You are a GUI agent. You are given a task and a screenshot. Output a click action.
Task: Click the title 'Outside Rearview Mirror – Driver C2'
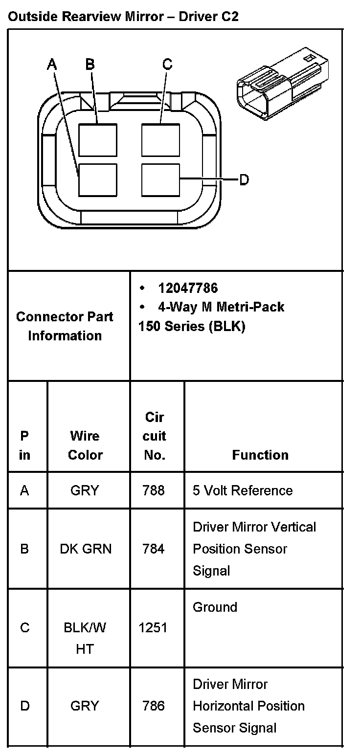click(x=124, y=17)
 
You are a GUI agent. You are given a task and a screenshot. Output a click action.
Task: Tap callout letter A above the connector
click(x=52, y=64)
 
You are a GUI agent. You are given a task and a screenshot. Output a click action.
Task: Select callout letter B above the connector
click(x=90, y=64)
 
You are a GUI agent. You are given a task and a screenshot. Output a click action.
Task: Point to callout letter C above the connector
click(x=167, y=64)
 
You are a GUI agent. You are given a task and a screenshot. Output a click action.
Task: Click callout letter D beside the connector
click(x=244, y=180)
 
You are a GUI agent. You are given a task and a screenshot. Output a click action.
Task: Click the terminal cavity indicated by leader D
click(x=160, y=180)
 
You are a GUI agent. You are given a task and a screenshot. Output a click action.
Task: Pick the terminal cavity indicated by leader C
click(x=160, y=140)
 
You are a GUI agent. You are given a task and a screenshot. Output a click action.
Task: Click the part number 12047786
click(x=188, y=288)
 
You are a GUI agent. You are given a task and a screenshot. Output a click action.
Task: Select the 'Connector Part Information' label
click(x=65, y=326)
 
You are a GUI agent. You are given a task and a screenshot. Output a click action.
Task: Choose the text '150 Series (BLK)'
click(x=192, y=326)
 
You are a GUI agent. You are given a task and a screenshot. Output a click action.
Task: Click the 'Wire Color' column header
click(x=85, y=445)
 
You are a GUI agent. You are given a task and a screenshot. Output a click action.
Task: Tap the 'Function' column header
click(x=260, y=455)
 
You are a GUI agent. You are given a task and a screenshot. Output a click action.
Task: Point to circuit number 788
click(x=154, y=490)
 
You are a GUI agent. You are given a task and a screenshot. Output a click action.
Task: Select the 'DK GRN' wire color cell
click(x=86, y=549)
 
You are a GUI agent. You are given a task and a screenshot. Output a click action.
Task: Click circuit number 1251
click(x=153, y=627)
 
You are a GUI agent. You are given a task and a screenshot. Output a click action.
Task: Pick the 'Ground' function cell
click(x=215, y=607)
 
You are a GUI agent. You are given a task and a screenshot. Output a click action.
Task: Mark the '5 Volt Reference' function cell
click(x=243, y=490)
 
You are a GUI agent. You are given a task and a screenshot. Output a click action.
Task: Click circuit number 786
click(x=154, y=706)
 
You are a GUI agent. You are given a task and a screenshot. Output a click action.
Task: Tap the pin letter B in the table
click(x=24, y=549)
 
